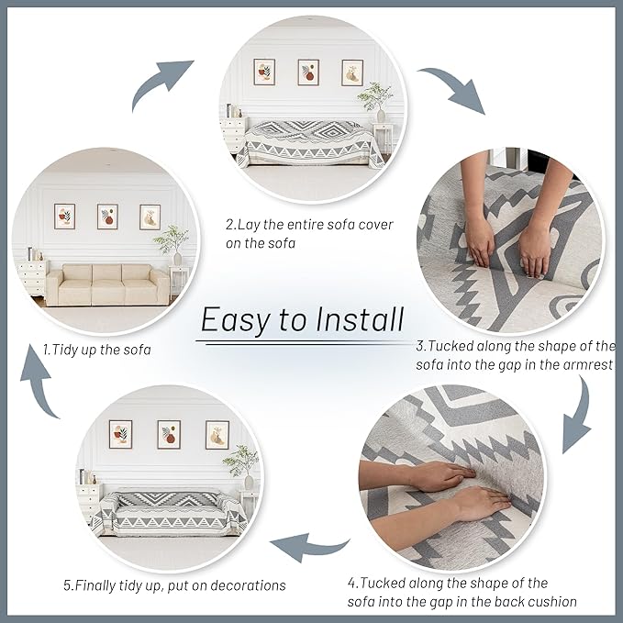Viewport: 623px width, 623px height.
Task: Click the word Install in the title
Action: pos(360,319)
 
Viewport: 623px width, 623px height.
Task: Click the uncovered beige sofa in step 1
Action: pos(108,284)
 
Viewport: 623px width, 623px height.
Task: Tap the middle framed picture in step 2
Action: pos(308,72)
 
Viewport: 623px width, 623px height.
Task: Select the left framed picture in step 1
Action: pos(64,217)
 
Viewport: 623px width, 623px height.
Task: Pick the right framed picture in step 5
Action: pos(217,435)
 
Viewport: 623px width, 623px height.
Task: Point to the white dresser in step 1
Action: pos(33,278)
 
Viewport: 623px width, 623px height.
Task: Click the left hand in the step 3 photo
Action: pos(479,222)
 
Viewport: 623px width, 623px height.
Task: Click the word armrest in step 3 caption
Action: pos(587,365)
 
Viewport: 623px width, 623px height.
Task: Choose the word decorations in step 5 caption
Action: pos(248,585)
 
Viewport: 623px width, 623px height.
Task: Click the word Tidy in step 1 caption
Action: pos(65,350)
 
